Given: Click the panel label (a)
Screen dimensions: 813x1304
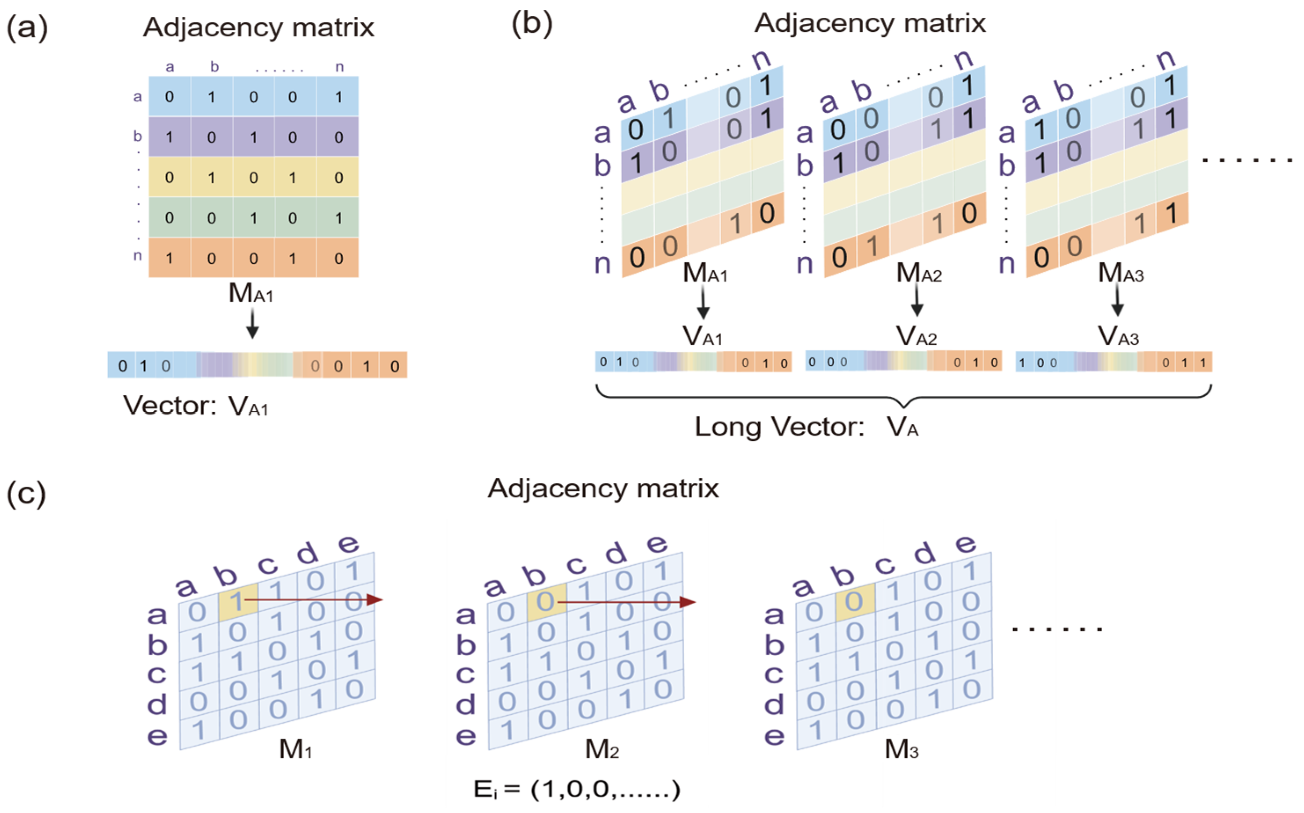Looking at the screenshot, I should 27,28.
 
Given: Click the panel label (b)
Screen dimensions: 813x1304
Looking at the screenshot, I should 531,24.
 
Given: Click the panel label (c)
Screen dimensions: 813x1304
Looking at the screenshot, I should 26,494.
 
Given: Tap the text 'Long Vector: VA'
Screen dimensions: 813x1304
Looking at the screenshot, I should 806,427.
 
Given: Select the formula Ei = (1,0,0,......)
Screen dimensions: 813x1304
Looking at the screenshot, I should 577,789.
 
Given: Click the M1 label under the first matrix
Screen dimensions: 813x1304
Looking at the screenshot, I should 296,749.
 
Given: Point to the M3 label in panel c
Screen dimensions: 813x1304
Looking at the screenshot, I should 902,749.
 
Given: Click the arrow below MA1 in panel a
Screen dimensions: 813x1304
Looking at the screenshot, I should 252,325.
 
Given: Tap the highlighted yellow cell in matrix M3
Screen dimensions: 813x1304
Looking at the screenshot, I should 855,602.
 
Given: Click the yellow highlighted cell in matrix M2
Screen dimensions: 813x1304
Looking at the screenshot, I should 546,602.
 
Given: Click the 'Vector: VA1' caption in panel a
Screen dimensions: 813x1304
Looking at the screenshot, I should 196,406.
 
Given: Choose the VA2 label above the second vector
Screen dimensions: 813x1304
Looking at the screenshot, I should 917,337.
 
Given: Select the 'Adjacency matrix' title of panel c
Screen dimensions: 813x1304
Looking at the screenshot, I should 603,489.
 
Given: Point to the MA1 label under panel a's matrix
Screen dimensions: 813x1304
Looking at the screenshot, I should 251,294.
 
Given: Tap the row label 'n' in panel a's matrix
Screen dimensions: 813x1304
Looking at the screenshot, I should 137,255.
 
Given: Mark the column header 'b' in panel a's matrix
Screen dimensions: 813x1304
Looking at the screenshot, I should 215,67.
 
